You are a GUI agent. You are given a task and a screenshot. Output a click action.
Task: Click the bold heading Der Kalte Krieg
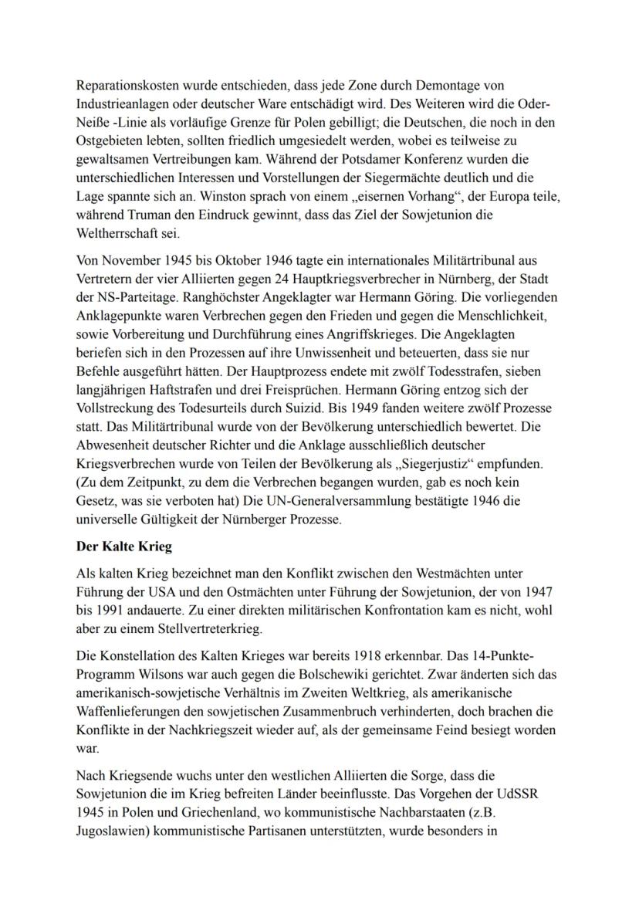click(x=123, y=547)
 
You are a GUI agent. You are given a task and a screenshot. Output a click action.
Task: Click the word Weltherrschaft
click(x=117, y=235)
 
